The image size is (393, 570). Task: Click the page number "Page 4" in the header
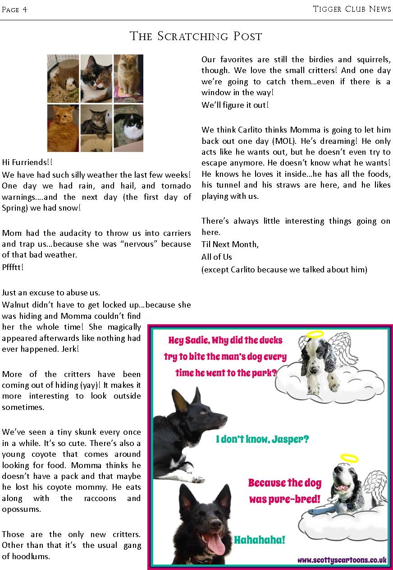[14, 9]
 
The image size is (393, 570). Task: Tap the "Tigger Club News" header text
[352, 9]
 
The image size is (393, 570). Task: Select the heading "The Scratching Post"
[196, 36]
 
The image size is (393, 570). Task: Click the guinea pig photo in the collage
[63, 78]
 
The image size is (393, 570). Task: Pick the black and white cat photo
[128, 128]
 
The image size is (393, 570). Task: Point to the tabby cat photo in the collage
[96, 127]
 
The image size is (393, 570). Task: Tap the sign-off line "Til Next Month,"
[230, 244]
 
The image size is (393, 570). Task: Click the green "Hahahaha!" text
[260, 540]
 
